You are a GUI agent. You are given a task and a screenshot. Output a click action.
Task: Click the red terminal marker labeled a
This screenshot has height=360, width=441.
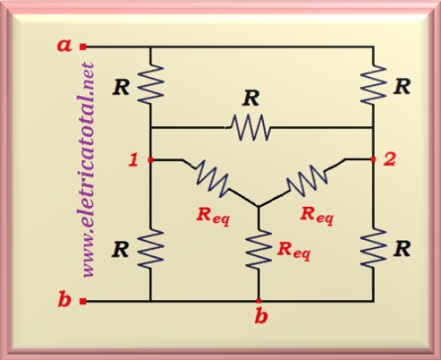point(83,47)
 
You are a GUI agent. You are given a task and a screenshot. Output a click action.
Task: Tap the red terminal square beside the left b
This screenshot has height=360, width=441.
point(83,302)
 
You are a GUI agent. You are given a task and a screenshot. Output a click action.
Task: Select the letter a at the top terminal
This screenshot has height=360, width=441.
point(64,46)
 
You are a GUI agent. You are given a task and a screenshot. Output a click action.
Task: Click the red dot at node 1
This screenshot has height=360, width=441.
point(150,160)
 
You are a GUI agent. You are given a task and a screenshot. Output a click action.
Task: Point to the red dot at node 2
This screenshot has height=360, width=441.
point(373,159)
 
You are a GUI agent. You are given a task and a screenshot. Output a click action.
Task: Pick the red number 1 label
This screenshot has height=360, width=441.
point(133,160)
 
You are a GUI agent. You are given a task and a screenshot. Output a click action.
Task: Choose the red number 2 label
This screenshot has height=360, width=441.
point(389,159)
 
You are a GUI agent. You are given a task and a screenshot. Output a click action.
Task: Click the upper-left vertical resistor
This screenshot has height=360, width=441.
point(151,84)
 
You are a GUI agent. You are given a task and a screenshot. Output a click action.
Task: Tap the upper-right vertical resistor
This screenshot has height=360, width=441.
point(373,84)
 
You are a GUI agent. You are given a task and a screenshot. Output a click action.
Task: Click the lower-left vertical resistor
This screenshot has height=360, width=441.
point(151,248)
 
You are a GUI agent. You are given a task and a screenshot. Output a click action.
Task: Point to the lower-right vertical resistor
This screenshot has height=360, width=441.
point(373,247)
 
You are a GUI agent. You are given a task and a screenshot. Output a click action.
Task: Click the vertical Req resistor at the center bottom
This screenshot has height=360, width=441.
point(259,248)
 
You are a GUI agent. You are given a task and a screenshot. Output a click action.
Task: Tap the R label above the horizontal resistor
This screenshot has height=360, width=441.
point(251,99)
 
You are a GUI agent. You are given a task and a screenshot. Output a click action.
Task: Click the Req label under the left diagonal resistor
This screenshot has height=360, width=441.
point(213,216)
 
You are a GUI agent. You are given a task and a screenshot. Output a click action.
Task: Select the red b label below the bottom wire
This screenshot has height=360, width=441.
point(261,316)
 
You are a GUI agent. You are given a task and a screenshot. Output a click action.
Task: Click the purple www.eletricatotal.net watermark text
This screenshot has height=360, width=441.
point(89,170)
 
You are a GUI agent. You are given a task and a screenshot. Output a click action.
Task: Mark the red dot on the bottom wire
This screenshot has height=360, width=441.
point(259,301)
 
